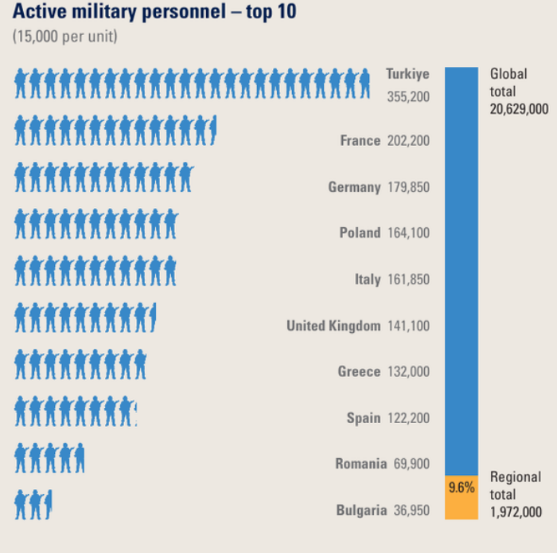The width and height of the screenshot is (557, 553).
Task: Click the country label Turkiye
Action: pyautogui.click(x=407, y=74)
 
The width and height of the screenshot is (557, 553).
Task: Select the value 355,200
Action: pyautogui.click(x=408, y=97)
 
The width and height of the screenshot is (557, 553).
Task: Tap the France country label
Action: pyautogui.click(x=360, y=141)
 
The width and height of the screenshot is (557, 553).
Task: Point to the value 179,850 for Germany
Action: pyautogui.click(x=408, y=187)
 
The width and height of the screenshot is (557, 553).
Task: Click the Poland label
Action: pyautogui.click(x=360, y=233)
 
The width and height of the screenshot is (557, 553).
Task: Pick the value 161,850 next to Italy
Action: pyautogui.click(x=408, y=280)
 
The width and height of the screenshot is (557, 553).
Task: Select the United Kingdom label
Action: pyautogui.click(x=333, y=325)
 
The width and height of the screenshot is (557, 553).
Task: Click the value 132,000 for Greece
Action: pyautogui.click(x=408, y=371)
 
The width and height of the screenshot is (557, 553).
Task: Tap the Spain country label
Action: pyautogui.click(x=364, y=418)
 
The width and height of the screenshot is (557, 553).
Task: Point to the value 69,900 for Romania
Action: pyautogui.click(x=411, y=464)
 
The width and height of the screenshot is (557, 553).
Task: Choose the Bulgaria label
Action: pyautogui.click(x=361, y=510)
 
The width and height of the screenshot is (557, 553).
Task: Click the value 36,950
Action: pyautogui.click(x=411, y=510)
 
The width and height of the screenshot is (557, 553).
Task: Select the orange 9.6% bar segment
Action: pyautogui.click(x=462, y=496)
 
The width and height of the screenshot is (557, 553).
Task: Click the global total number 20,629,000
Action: pyautogui.click(x=519, y=109)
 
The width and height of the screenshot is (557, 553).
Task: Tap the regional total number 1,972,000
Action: pyautogui.click(x=516, y=512)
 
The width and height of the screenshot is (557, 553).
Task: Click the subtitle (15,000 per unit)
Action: pyautogui.click(x=64, y=37)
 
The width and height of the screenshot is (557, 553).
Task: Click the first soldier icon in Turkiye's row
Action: pyautogui.click(x=21, y=84)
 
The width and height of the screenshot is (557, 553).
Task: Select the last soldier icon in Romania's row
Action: pyautogui.click(x=78, y=458)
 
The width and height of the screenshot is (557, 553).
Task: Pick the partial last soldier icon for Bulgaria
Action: pyautogui.click(x=49, y=504)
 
